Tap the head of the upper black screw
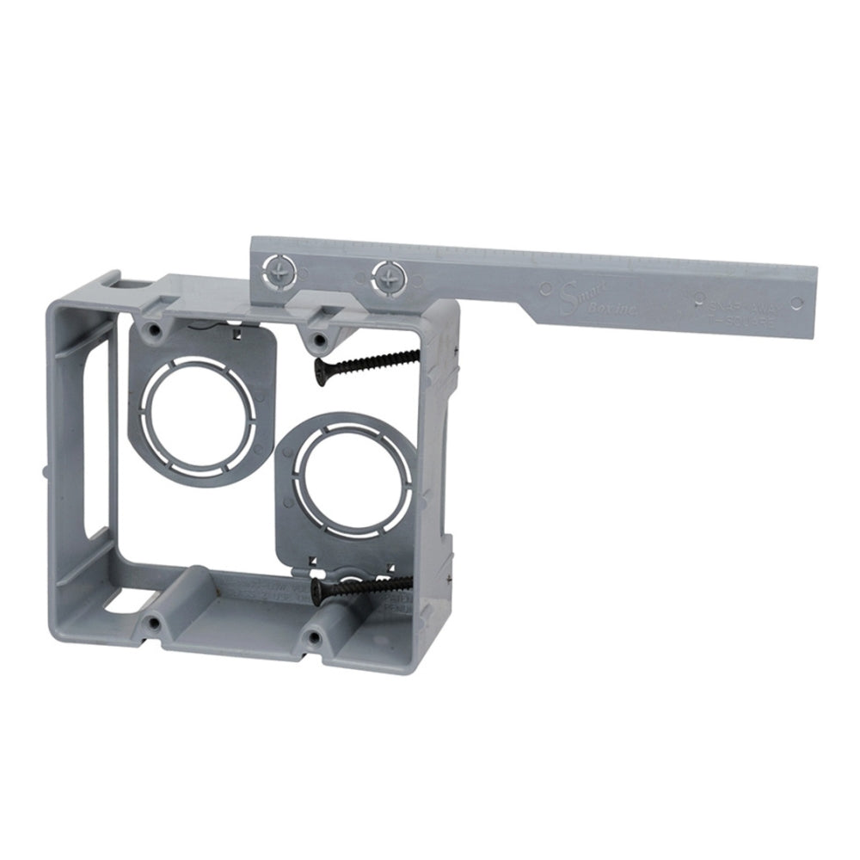pos(320,371)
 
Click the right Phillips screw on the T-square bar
pos(387,276)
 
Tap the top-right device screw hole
pos(318,339)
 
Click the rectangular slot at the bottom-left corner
pos(129,601)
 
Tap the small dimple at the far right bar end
pos(796,302)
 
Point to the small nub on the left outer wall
pos(45,470)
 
